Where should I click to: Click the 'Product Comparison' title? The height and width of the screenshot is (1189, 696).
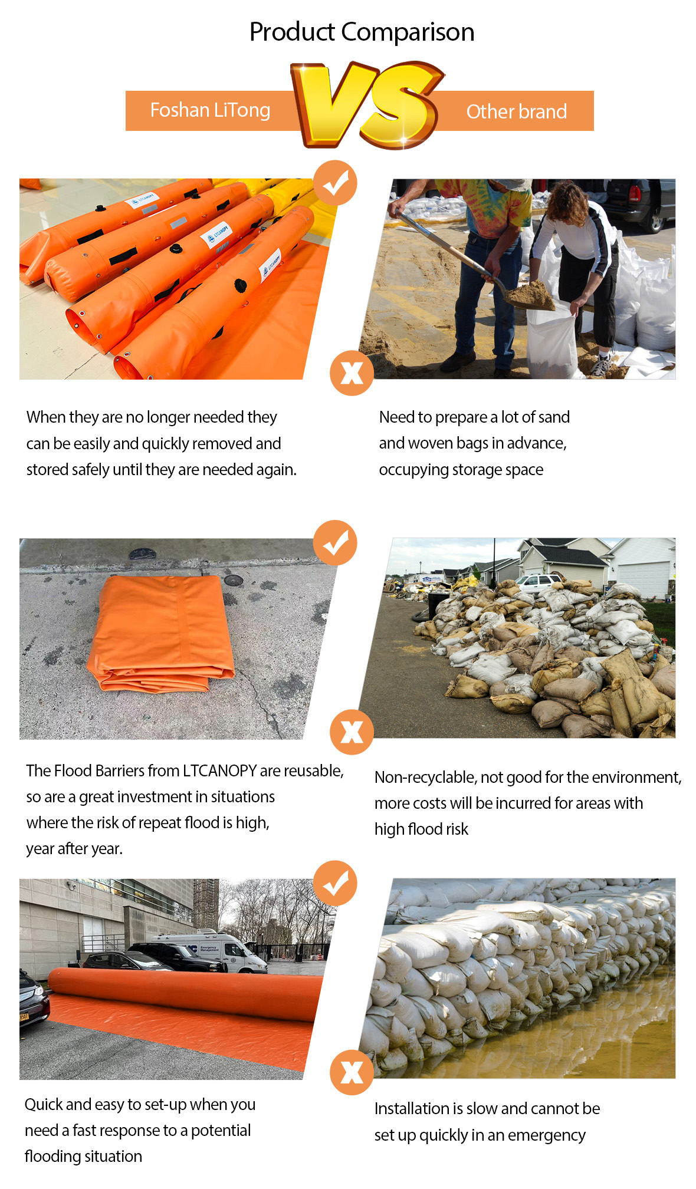coord(362,32)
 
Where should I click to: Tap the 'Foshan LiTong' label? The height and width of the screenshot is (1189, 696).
coord(210,110)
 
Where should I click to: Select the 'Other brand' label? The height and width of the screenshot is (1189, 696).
coord(516,111)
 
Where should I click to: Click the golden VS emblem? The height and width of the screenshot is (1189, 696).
coord(367,104)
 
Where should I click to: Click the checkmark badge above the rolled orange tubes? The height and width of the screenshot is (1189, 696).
coord(335,183)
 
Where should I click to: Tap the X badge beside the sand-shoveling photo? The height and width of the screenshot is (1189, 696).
coord(352,373)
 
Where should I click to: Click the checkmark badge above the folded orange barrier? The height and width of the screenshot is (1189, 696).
coord(335,542)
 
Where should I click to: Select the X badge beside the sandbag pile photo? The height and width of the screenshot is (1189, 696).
coord(352,732)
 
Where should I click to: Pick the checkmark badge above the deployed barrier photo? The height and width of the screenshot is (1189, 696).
coord(335,883)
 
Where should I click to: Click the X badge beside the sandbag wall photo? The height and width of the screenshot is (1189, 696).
coord(352,1072)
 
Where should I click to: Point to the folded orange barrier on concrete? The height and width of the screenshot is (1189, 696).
coord(160,633)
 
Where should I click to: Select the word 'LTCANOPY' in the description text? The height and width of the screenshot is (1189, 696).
coord(219,770)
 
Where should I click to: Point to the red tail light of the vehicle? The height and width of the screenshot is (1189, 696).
coord(634,193)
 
